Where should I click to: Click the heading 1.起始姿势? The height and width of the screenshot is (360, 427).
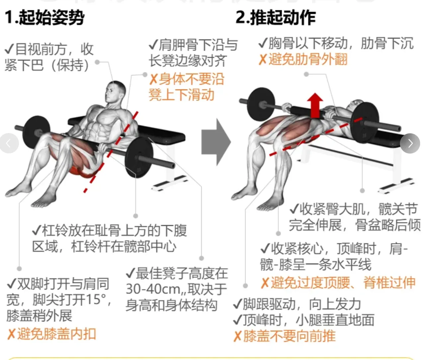pos(44,18)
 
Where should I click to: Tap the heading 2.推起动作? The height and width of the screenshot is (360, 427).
pos(276,18)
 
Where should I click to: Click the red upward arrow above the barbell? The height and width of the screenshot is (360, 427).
pos(315,106)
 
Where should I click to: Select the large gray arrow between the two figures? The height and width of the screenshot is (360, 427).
pos(216,142)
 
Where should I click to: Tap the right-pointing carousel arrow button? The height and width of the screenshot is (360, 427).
pos(410,143)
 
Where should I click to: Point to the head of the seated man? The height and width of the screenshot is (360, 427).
pos(115,92)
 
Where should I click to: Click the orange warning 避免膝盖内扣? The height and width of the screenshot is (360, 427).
pos(51,334)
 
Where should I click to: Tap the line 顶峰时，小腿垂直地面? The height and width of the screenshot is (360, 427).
pos(304,320)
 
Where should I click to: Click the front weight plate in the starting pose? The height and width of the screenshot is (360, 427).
pos(139,158)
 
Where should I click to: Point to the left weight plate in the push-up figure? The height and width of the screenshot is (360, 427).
pos(261,104)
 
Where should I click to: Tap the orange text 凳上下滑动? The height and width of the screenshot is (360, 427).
pos(181,95)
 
